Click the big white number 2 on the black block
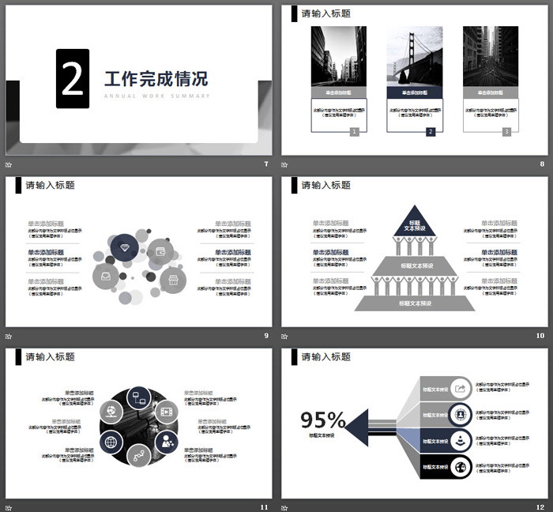[x=73, y=78]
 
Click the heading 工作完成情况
[x=156, y=79]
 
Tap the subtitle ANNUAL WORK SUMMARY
[x=156, y=96]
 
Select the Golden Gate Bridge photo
[x=414, y=56]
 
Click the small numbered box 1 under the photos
[x=354, y=132]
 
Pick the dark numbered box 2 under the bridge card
[x=431, y=132]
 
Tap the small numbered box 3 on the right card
[x=506, y=132]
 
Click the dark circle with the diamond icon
[x=124, y=248]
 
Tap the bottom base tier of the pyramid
[x=416, y=303]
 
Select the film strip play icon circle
[x=166, y=411]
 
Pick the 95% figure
[x=322, y=420]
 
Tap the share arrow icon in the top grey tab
[x=461, y=388]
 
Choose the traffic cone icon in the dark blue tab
[x=461, y=440]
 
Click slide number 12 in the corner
[x=540, y=506]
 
